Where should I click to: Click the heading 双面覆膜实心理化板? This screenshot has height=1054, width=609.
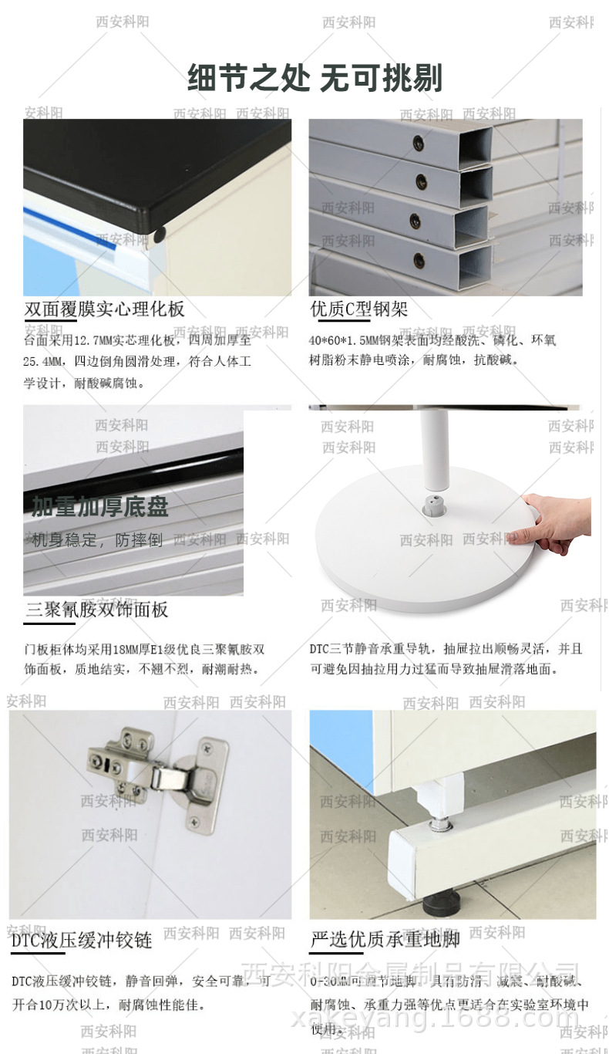(x=105, y=309)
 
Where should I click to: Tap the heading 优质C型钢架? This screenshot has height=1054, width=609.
(x=358, y=309)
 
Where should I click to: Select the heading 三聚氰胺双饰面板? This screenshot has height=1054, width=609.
(x=96, y=610)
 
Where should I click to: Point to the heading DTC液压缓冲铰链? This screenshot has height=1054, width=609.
(x=82, y=940)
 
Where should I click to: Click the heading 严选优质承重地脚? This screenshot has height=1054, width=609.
(x=385, y=939)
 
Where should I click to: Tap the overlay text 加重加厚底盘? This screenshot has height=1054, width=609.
(x=100, y=507)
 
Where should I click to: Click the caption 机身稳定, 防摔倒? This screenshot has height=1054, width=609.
(x=97, y=540)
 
